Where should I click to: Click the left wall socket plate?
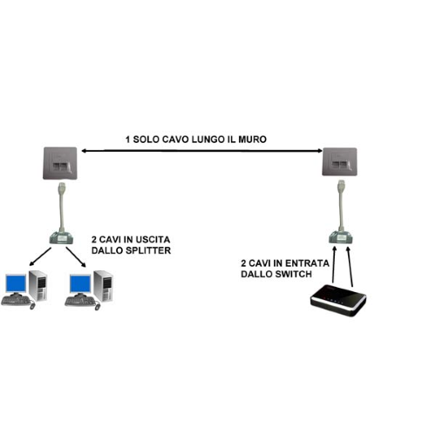click(60, 163)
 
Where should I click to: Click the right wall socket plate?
click(339, 161)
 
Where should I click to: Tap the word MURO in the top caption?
click(252, 140)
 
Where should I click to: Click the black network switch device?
click(338, 300)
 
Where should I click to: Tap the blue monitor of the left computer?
click(16, 283)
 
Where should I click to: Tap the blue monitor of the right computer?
click(80, 283)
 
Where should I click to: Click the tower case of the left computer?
click(37, 285)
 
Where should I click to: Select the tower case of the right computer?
click(103, 286)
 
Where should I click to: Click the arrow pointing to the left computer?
click(40, 256)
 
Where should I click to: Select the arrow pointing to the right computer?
click(76, 257)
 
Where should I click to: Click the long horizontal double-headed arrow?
click(202, 151)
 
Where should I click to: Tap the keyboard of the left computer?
click(15, 300)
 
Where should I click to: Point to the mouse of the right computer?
click(98, 306)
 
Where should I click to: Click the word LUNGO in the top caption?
click(208, 140)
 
